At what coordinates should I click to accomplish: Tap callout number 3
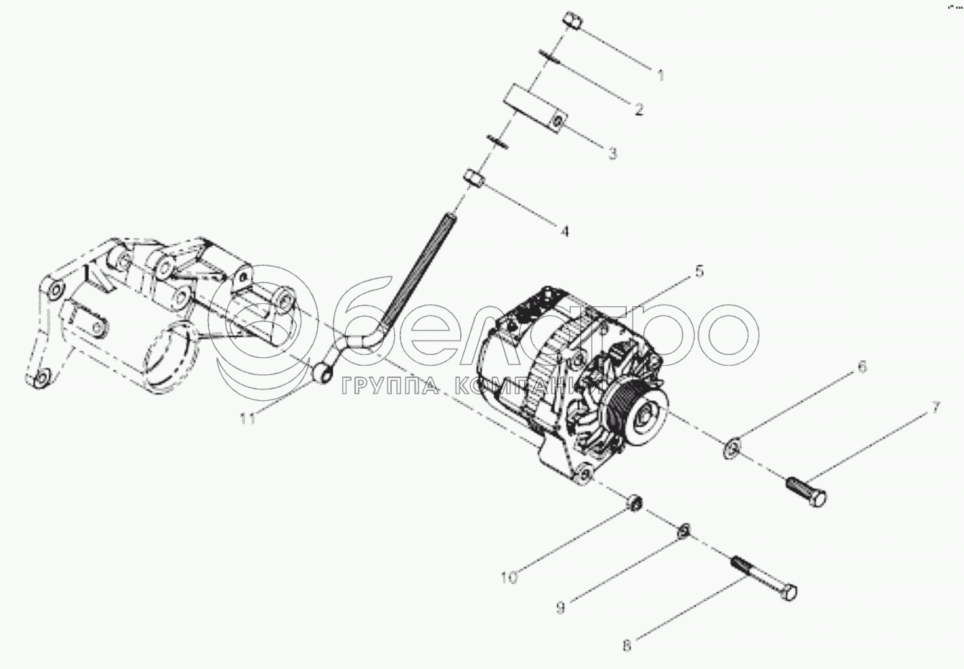612,153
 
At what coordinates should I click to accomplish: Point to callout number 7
935,408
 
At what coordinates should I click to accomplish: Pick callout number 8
626,646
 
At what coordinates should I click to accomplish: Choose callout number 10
510,577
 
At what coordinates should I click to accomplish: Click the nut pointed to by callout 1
571,21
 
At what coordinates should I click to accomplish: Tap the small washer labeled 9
684,531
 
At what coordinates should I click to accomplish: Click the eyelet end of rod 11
323,372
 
